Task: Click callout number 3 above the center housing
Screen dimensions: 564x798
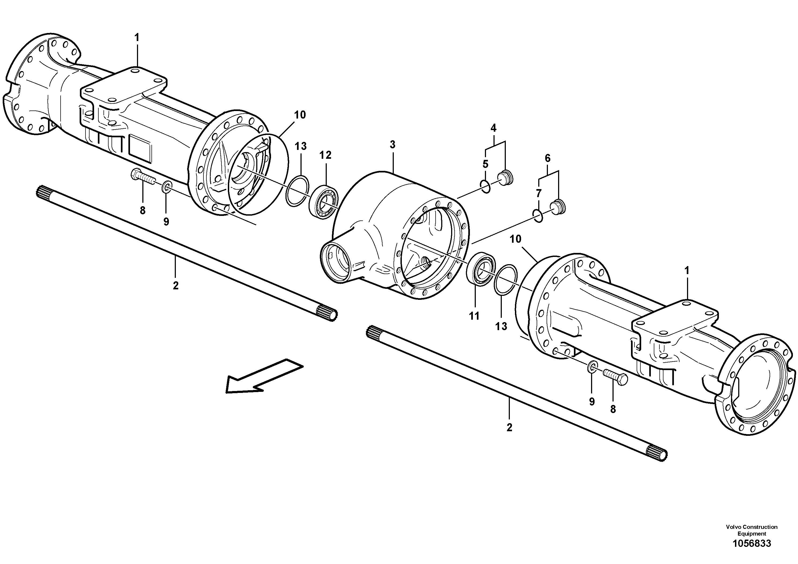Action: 392,145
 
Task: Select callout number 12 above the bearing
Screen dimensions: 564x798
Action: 326,155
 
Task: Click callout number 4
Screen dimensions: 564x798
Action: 493,128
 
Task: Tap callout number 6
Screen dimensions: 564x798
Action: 548,158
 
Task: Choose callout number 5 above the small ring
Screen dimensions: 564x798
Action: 485,164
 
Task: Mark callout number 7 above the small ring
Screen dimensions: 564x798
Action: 539,193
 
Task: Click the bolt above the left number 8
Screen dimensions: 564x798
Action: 143,177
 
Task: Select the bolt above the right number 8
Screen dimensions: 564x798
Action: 615,377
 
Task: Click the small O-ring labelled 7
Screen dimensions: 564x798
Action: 538,216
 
